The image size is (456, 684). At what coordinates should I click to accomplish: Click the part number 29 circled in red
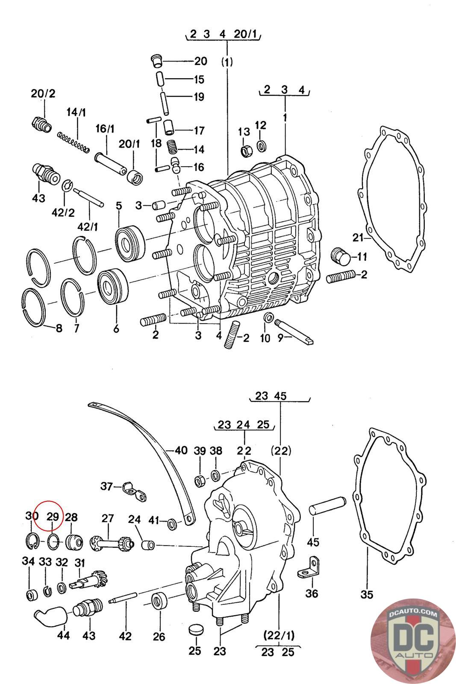52,517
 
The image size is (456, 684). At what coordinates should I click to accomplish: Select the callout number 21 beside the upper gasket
357,237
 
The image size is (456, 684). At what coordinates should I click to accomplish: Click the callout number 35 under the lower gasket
367,594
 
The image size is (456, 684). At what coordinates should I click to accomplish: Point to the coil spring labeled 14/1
74,142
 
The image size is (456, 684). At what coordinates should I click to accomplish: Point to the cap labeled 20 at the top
157,60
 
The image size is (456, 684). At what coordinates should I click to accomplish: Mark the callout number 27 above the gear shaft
107,519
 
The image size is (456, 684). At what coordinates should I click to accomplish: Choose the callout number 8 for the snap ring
59,328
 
